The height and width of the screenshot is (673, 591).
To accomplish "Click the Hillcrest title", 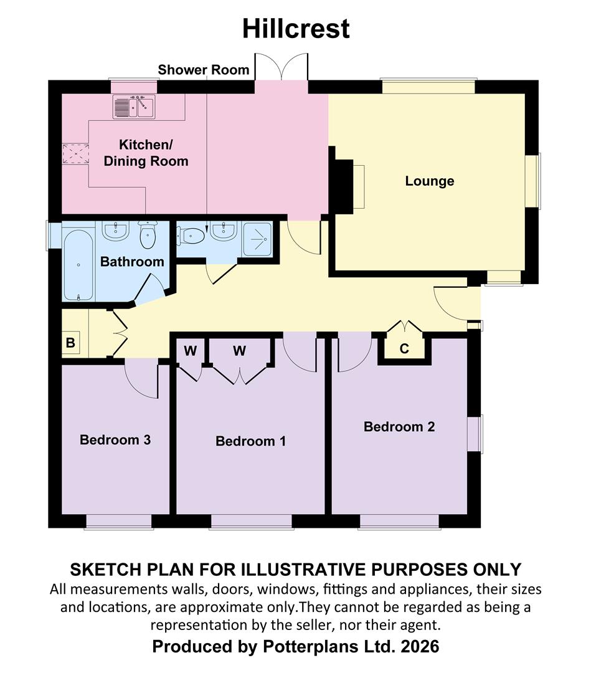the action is point(296,29).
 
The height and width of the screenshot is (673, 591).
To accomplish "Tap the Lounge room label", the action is point(429,181).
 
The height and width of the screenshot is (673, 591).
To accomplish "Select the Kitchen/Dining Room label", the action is point(146,153).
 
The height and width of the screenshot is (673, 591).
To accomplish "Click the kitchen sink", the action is point(134,107).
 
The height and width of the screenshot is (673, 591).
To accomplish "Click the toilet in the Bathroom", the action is point(148,235).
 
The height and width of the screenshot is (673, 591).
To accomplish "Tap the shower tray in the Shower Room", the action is point(257,239).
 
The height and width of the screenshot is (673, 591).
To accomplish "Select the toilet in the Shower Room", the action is point(191,236).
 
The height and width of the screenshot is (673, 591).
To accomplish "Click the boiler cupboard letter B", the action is point(70,343).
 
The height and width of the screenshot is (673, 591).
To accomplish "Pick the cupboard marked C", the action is point(404,348).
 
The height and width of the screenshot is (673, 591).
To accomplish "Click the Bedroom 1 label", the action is point(250,441).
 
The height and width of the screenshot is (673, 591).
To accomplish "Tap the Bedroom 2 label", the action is point(399,427).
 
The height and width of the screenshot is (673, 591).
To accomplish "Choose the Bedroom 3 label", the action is point(115,439).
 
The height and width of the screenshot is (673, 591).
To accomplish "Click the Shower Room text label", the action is point(203,70).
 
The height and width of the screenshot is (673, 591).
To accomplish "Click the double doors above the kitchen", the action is point(281,67).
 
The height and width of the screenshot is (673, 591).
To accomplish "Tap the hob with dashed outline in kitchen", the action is point(76,154).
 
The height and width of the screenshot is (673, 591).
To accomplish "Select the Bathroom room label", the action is point(132,261).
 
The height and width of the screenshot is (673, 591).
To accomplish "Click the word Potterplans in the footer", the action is point(307,646).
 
